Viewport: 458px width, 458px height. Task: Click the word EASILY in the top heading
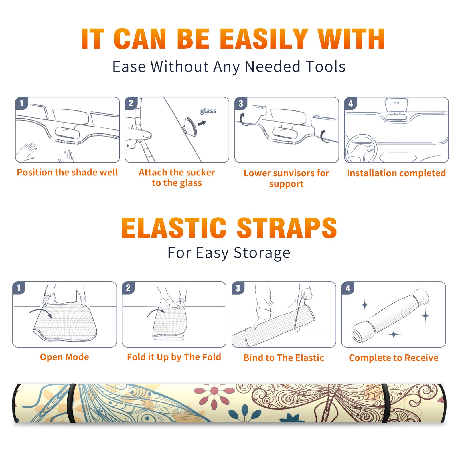(x=264, y=39)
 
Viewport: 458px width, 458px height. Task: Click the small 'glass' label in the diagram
(x=208, y=111)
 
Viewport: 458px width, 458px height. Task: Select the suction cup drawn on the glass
(x=190, y=126)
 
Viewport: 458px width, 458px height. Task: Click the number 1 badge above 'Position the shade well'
(x=21, y=103)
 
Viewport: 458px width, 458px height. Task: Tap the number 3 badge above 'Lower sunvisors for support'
(x=241, y=103)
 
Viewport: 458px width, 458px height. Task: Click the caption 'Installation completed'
(x=396, y=173)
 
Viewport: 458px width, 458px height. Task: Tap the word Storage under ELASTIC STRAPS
(x=262, y=253)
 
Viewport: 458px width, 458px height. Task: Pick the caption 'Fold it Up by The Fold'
(x=174, y=357)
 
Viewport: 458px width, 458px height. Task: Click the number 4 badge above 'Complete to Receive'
(x=348, y=288)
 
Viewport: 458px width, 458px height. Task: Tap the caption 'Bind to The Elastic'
(x=284, y=358)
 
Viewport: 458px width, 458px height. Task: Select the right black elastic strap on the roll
(x=385, y=403)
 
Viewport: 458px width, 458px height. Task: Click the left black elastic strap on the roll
(x=71, y=403)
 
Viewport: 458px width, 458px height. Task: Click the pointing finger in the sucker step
(x=139, y=135)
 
